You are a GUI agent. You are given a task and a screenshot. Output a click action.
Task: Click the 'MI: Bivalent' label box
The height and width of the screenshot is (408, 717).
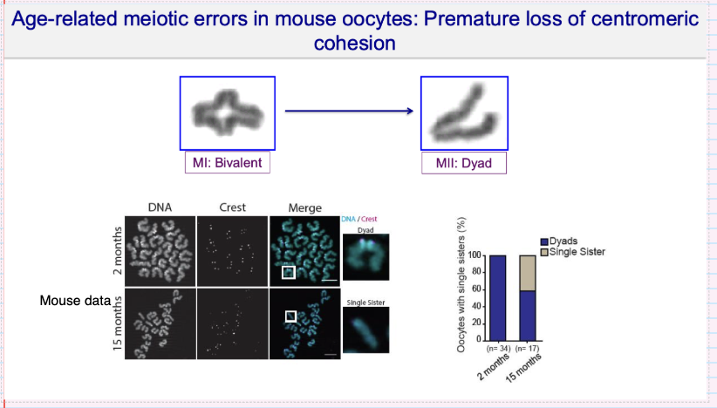[227, 163]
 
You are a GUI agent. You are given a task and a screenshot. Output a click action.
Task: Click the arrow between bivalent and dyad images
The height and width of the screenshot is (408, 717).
[348, 112]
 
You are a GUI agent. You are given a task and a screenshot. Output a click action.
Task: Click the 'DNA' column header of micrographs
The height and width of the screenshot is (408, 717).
[162, 207]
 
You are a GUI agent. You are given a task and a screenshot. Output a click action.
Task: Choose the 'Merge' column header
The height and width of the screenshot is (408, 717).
[301, 207]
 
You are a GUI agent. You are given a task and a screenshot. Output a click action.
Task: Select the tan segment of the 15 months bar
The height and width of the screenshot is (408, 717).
[528, 273]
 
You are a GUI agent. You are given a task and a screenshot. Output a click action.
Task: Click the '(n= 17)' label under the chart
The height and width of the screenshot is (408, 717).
[528, 350]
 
